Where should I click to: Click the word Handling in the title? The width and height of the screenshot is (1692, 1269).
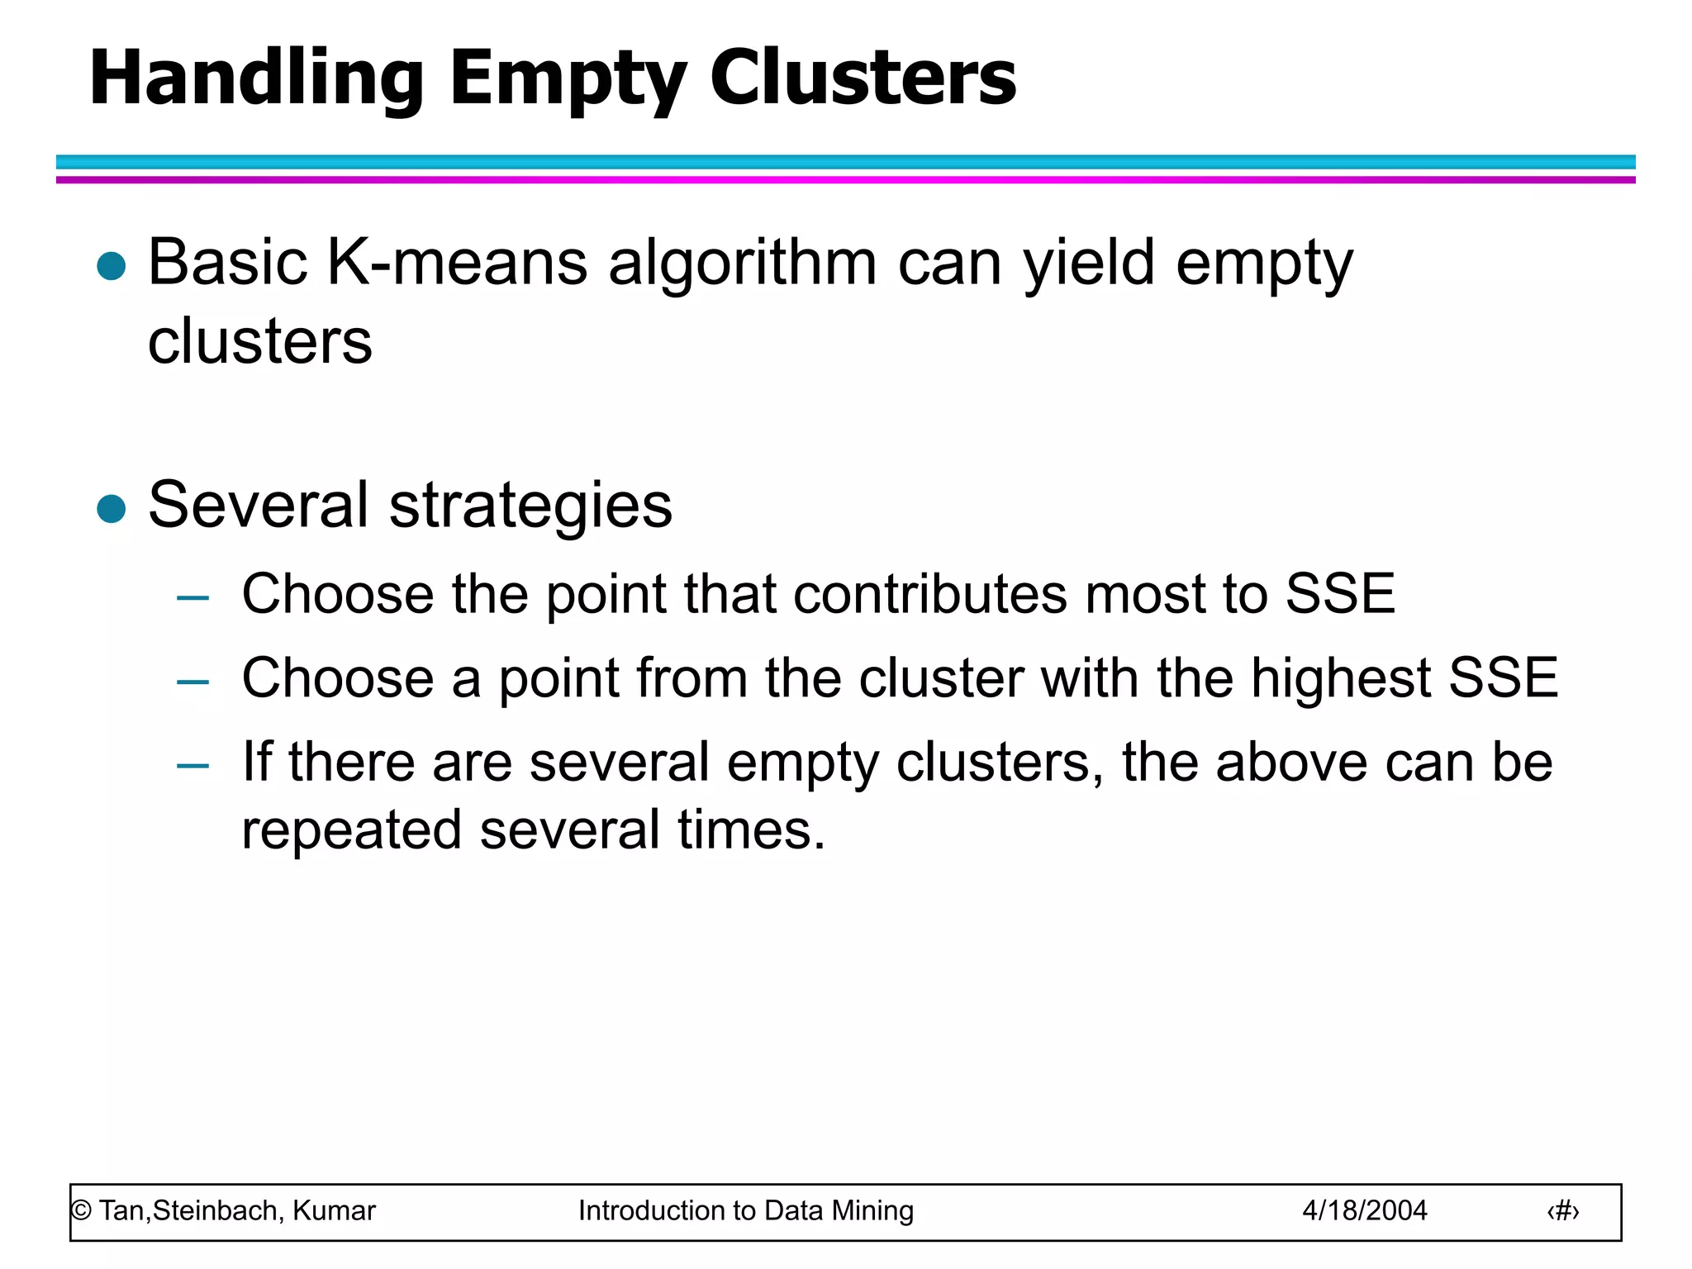256,78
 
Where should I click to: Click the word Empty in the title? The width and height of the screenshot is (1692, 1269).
567,78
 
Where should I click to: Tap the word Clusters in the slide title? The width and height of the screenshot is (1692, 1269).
863,78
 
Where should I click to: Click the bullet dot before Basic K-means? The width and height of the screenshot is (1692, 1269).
111,266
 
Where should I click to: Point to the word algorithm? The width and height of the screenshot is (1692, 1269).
742,263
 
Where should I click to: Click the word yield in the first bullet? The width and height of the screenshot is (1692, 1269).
1088,263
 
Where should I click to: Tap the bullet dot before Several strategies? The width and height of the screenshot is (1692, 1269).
111,509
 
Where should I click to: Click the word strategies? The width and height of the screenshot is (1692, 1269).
530,506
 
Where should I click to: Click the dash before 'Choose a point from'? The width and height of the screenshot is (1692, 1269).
192,682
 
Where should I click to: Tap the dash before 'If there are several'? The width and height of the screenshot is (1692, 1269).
192,766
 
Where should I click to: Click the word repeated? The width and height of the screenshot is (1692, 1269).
351,830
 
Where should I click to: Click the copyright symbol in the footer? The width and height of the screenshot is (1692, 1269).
81,1211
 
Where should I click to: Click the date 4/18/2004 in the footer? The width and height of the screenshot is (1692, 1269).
1364,1210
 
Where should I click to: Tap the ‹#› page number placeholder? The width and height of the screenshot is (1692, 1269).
1562,1211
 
